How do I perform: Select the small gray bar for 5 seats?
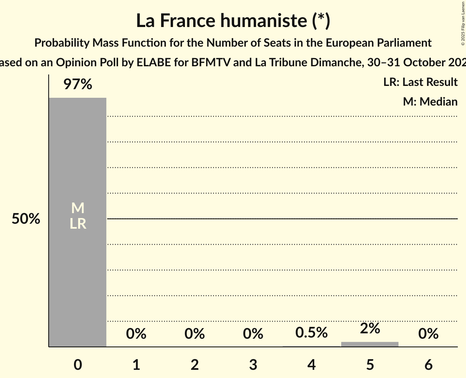coord(369,344)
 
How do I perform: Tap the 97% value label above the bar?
coord(78,85)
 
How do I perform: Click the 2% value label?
coord(370,328)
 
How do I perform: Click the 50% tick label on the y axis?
coord(26,219)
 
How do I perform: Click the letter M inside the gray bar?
coord(78,209)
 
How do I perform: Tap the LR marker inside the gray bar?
coord(78,224)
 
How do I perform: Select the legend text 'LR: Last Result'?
coord(420,82)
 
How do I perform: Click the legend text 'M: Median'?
coord(430,101)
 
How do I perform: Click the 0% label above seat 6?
coord(428,334)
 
